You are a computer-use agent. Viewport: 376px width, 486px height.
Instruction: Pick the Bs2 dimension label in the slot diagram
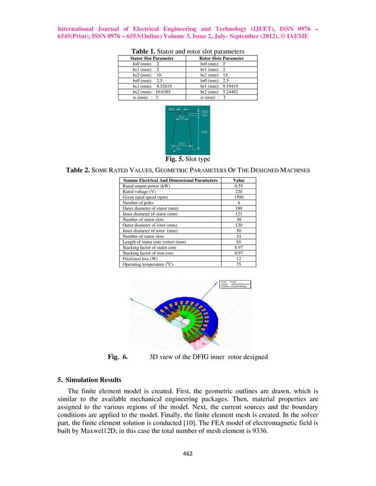click(182, 143)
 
